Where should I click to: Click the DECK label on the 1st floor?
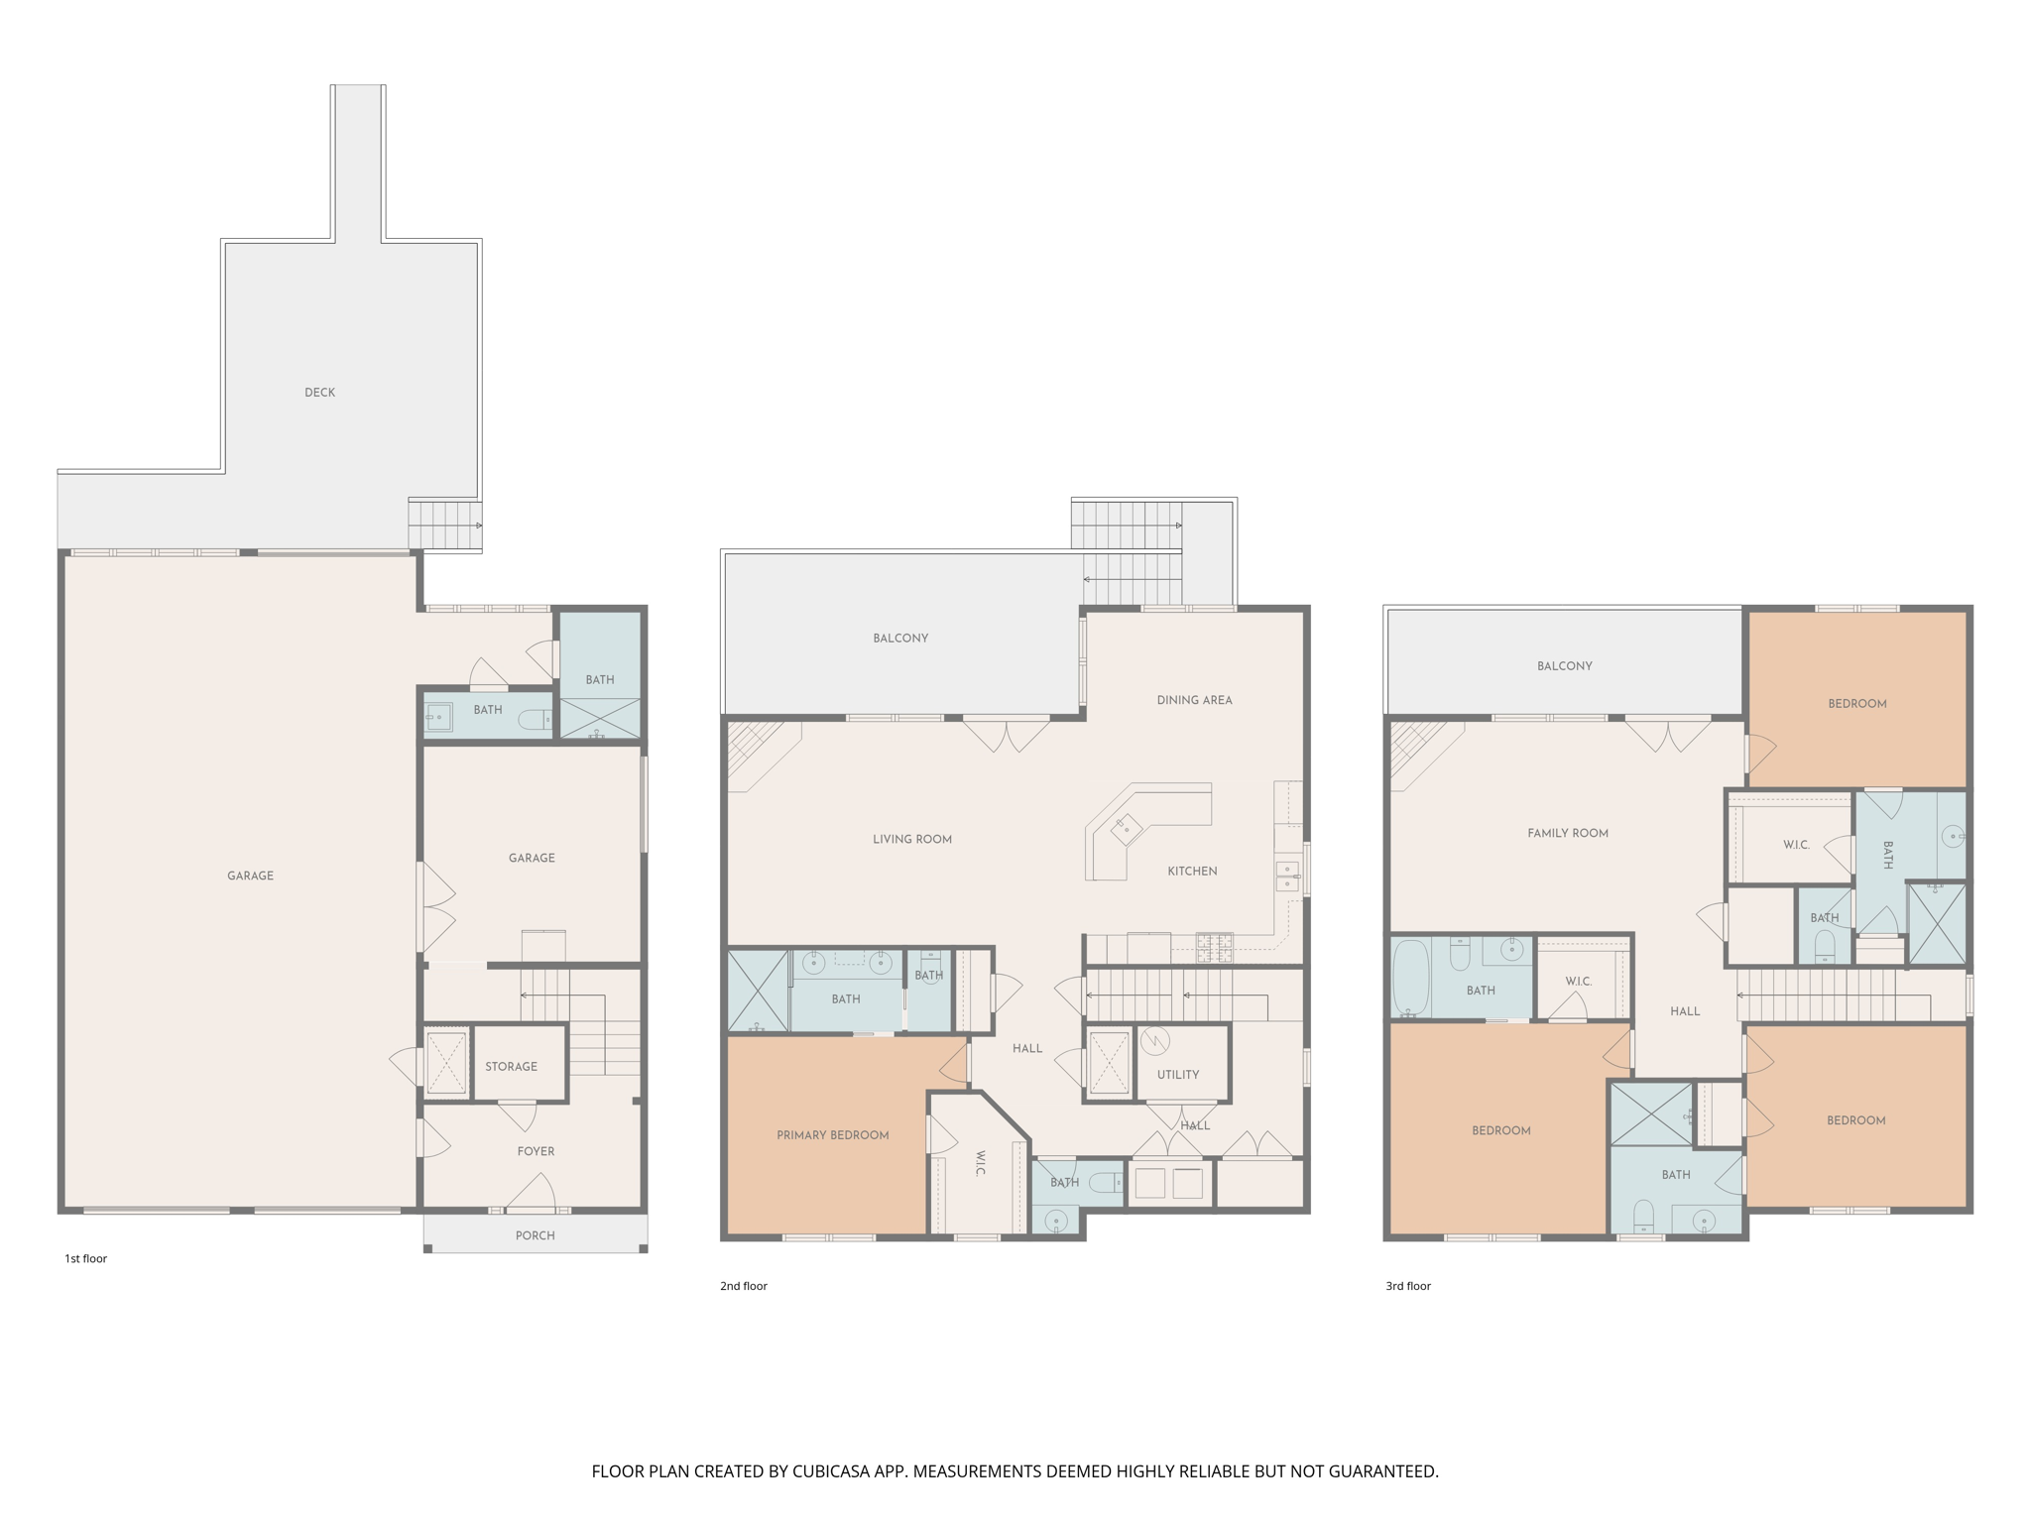point(319,393)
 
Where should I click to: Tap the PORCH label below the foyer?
point(535,1235)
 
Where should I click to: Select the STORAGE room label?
point(511,1067)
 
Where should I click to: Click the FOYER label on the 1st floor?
point(536,1151)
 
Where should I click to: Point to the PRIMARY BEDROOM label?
point(832,1135)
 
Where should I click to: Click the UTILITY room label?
point(1178,1075)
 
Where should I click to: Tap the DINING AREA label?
point(1194,700)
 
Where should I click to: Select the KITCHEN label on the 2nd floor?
point(1192,872)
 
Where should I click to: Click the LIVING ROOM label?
point(911,840)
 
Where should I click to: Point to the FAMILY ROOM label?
point(1567,834)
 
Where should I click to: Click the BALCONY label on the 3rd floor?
point(1564,666)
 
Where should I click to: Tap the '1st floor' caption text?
point(85,1259)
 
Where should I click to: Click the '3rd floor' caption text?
point(1407,1286)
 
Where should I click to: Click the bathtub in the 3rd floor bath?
point(1410,978)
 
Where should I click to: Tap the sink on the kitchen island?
point(1127,826)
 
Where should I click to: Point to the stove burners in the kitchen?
point(1214,948)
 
